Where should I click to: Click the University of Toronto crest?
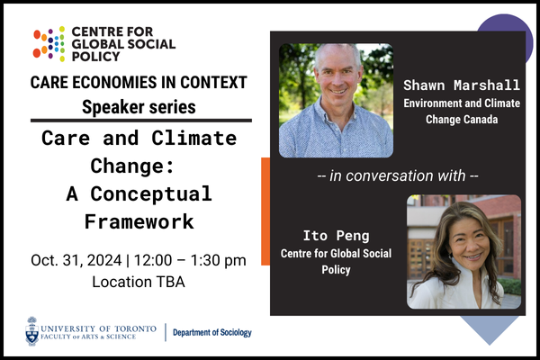point(32,330)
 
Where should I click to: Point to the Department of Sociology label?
point(213,332)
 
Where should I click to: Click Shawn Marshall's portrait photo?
point(336,100)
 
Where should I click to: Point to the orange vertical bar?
point(265,211)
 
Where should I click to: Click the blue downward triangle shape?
point(489,328)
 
